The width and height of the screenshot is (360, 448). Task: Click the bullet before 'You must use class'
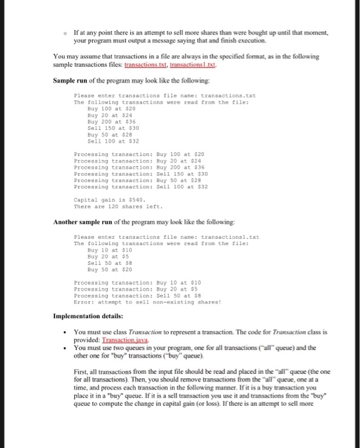coord(67,333)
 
